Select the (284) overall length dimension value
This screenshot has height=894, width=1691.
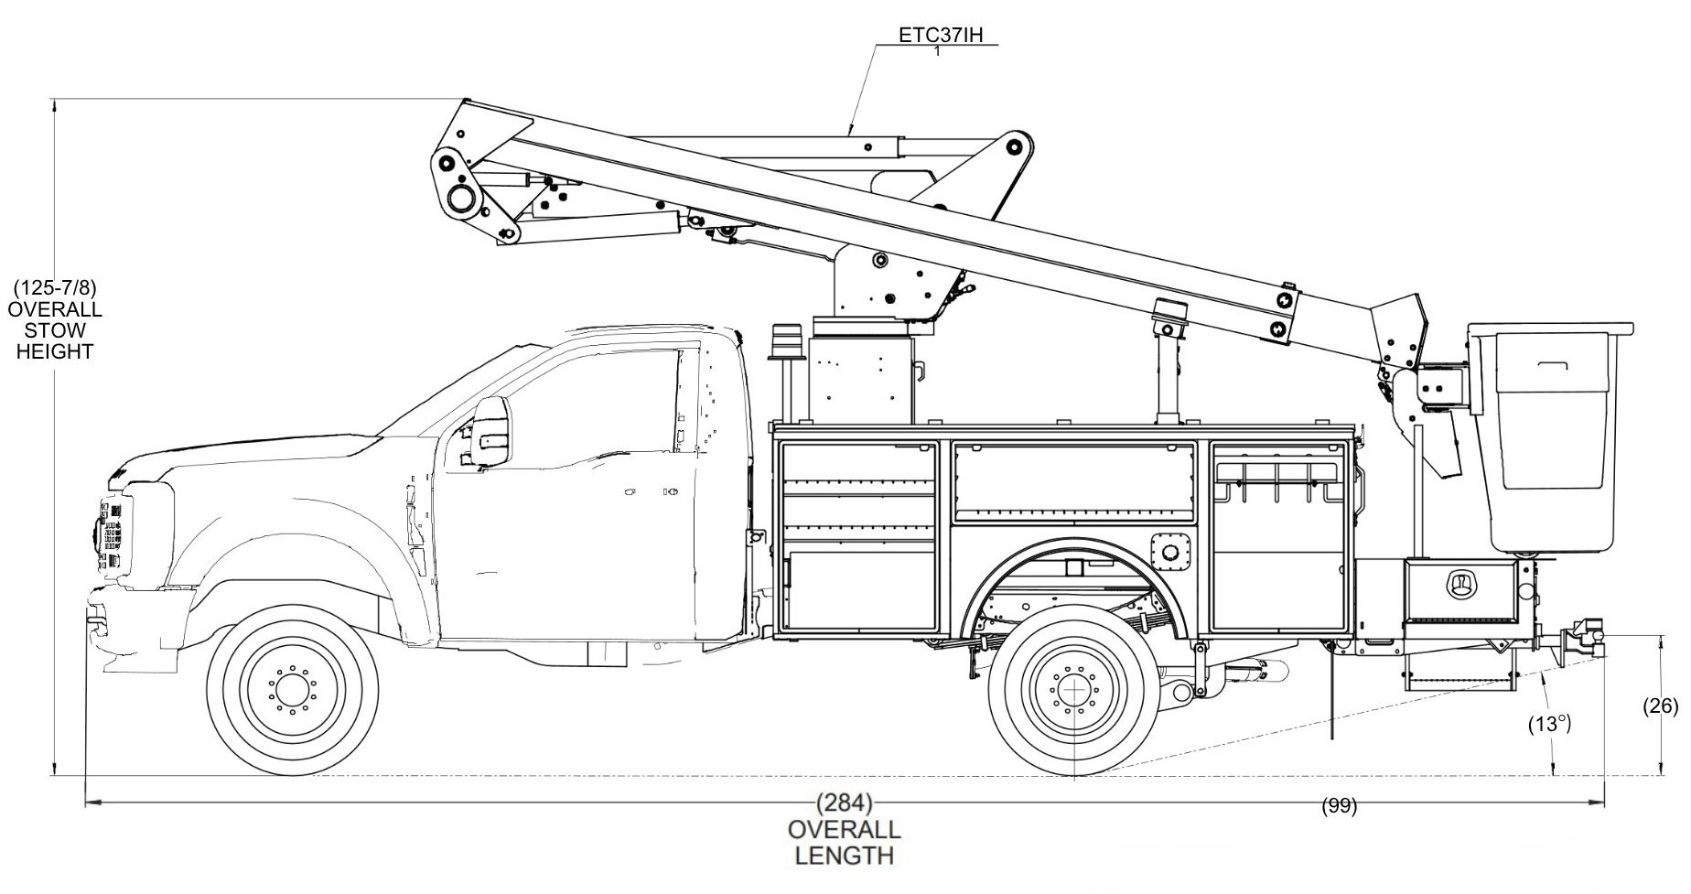[844, 804]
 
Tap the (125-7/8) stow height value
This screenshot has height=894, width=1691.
[55, 288]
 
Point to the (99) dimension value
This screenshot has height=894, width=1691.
[1340, 806]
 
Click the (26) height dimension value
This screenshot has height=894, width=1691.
[1661, 706]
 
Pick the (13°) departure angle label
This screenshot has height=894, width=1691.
[1549, 724]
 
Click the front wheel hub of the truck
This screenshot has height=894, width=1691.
[293, 690]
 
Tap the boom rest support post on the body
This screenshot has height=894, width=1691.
[1168, 371]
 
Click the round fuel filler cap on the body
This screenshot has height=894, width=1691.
[1169, 550]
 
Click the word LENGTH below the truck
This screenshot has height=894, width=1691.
[844, 856]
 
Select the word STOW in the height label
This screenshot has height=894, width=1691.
[55, 330]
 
